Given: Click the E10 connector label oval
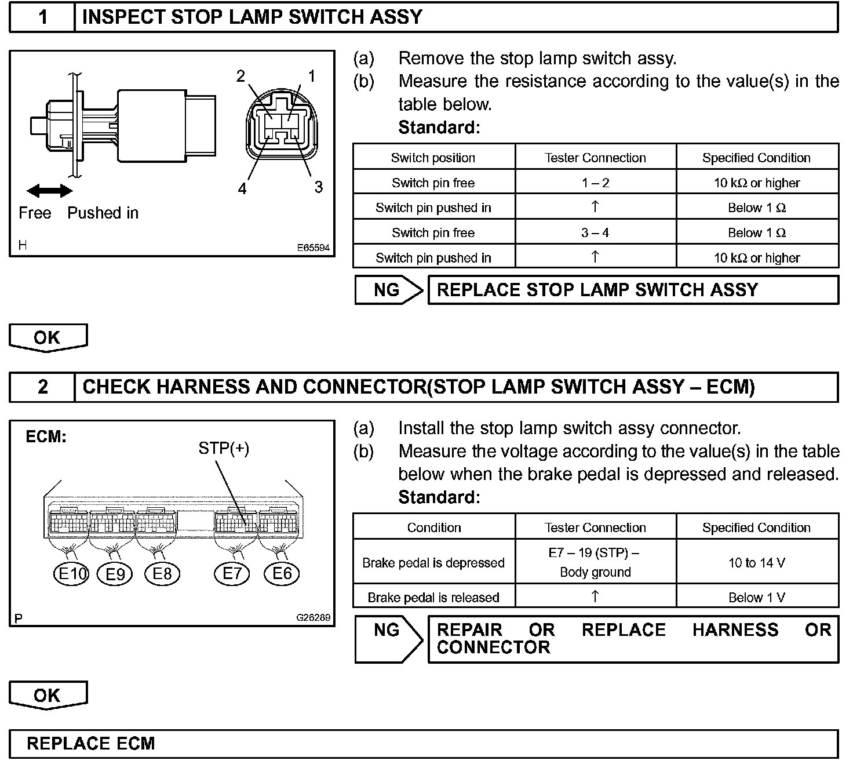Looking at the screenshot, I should click(x=71, y=574).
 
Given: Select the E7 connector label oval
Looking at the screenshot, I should click(x=232, y=574).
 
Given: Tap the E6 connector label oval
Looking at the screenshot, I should click(x=282, y=574).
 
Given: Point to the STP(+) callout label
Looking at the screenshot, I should click(x=224, y=448).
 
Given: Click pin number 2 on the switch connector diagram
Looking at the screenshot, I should click(x=240, y=77).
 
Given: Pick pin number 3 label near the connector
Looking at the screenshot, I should click(x=318, y=187).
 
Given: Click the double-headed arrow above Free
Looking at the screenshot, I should click(x=50, y=191).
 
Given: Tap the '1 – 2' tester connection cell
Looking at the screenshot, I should click(x=595, y=183).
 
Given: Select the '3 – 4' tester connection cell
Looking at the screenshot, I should click(x=595, y=232).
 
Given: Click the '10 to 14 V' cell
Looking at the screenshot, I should click(x=756, y=562).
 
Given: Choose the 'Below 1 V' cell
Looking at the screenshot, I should click(x=756, y=597).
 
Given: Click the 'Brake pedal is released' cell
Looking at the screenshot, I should click(x=433, y=597).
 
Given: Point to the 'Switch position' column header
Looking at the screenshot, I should click(x=433, y=158).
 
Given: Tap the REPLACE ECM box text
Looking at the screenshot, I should click(x=91, y=744).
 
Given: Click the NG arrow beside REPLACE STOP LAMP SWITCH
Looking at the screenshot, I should click(x=388, y=290).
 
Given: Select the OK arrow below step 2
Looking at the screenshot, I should click(x=48, y=695).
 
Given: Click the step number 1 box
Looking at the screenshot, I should click(x=43, y=17).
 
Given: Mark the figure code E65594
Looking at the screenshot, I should click(x=314, y=248).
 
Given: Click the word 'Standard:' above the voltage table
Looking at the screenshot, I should click(x=439, y=497).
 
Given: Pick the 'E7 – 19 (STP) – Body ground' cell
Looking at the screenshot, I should click(x=595, y=562).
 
